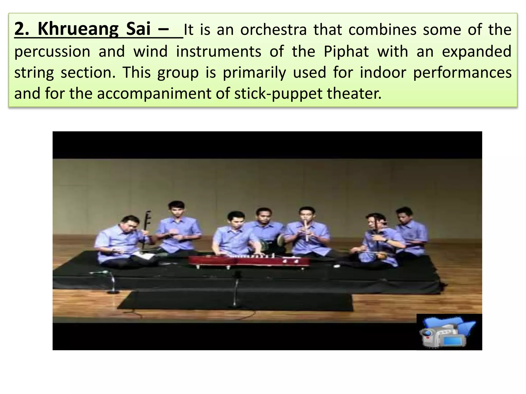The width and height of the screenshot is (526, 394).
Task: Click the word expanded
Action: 476,52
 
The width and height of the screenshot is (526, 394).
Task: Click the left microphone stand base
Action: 113,292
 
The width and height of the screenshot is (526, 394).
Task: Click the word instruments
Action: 219,52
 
